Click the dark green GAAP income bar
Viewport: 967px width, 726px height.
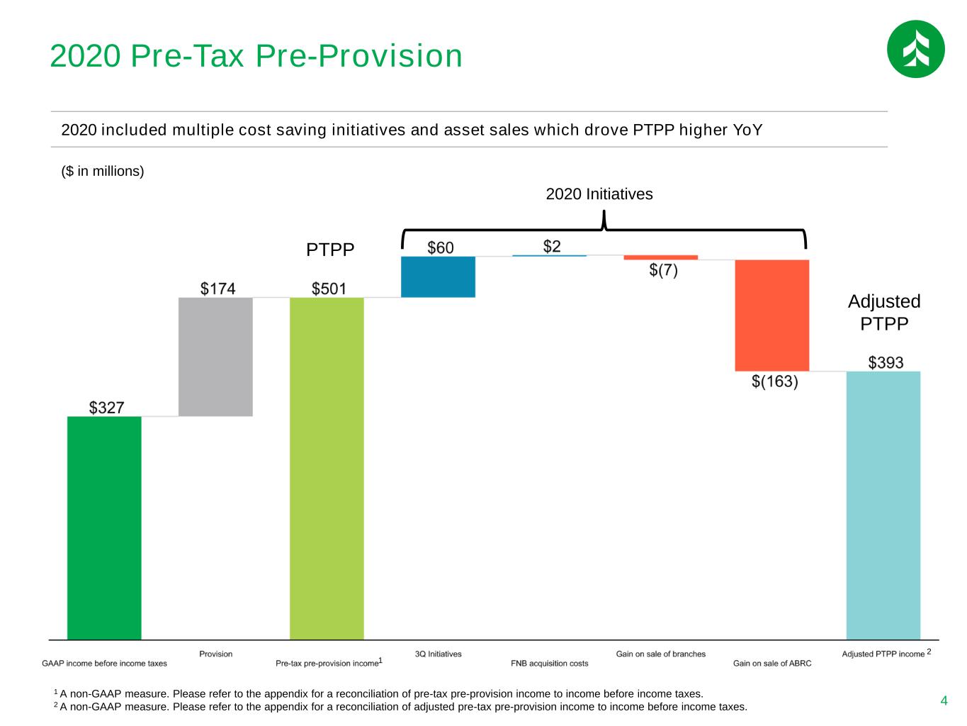[x=104, y=527]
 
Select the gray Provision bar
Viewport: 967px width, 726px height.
[x=215, y=357]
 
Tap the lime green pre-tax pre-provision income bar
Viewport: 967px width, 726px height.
[x=327, y=469]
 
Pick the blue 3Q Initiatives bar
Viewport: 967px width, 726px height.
[x=438, y=277]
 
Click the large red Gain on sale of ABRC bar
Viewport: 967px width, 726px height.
[x=772, y=315]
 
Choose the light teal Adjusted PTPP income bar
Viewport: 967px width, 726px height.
[x=883, y=506]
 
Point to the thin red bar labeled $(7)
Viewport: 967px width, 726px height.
[x=660, y=257]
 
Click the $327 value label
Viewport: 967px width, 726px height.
[x=106, y=407]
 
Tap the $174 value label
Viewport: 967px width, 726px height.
[x=217, y=289]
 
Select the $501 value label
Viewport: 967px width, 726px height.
[x=329, y=289]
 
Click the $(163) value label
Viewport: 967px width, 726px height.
[x=774, y=381]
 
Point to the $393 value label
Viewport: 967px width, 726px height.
[x=886, y=362]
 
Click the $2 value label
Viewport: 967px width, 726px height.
[x=552, y=246]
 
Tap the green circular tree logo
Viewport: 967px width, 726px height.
[x=915, y=49]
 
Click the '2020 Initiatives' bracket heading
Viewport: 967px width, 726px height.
[x=599, y=194]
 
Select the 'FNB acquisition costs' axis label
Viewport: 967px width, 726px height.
[x=549, y=664]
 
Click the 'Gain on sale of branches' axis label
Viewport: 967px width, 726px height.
[x=660, y=654]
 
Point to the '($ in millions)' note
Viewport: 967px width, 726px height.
[x=103, y=171]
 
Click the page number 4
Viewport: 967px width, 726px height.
[x=944, y=700]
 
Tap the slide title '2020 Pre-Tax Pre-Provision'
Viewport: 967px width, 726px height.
[x=256, y=56]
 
